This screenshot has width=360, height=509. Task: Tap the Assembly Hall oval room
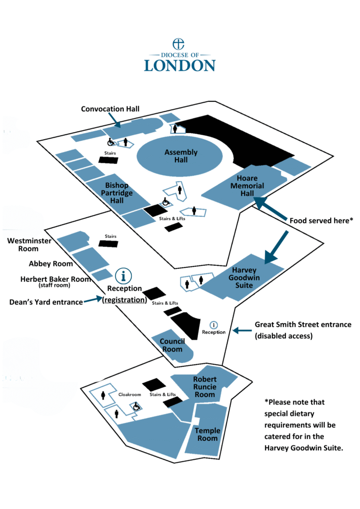click(181, 156)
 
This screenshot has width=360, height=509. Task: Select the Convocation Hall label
click(111, 109)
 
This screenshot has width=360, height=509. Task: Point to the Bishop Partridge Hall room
click(117, 193)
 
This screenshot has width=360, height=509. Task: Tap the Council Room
click(172, 345)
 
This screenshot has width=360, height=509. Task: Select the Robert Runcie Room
click(205, 387)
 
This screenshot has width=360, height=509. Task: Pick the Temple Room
click(207, 434)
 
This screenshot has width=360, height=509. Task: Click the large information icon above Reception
click(124, 275)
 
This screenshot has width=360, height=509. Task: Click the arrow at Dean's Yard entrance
click(93, 300)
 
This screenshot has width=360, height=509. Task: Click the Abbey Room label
click(51, 263)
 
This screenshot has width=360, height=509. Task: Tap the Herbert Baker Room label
click(56, 279)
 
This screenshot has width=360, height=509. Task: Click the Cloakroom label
click(130, 394)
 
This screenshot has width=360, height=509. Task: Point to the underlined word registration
click(125, 300)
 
